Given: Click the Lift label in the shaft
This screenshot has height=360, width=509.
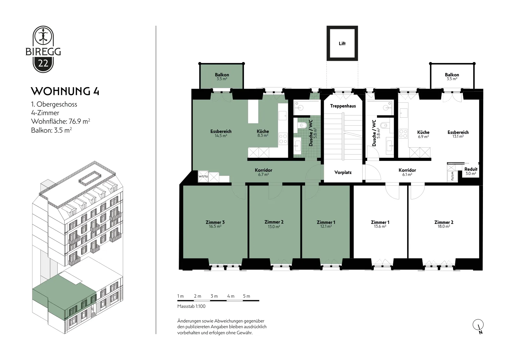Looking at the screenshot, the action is pos(342,43).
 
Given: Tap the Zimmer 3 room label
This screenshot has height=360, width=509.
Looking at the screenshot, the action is pos(215,222).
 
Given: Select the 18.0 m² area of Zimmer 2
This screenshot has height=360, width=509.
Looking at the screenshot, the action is pos(444,226).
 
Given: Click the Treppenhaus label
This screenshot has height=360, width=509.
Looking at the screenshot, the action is pos(343,106).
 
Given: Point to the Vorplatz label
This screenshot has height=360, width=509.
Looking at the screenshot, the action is pos(343,172).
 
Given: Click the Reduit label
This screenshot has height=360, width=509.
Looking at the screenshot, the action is pos(471,169).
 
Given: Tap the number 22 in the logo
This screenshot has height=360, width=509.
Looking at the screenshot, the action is pos(43,63).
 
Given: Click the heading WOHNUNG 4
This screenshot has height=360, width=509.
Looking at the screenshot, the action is pos(65,91).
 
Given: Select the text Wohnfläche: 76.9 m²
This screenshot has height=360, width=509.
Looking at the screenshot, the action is pos(61,121).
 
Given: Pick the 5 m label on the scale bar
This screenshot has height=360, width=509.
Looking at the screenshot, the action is pos(247,296).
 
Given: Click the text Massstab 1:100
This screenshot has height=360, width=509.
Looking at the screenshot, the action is pos(191,306).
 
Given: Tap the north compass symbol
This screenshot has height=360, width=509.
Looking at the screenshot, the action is pos(478,326).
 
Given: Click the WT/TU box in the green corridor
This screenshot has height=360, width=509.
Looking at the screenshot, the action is pos(203,177).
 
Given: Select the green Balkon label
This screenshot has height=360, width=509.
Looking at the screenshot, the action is pos(222,75).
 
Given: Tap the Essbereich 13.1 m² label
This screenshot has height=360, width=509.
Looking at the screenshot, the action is pos(458,134).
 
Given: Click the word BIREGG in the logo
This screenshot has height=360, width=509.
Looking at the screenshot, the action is pos(43,52).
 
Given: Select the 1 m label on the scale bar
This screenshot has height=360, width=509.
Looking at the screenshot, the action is pos(180,296).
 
